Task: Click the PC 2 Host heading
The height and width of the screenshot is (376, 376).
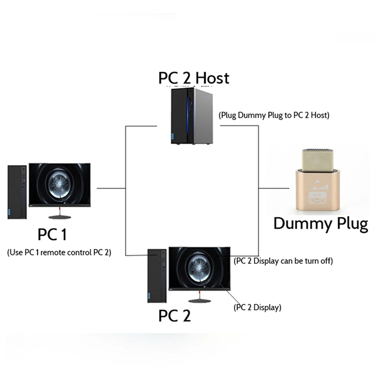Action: tap(194, 78)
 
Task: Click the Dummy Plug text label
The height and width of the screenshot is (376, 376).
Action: tap(321, 223)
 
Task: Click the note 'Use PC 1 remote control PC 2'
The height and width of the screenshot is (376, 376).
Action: tap(59, 252)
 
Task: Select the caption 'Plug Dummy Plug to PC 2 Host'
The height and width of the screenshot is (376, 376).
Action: tap(274, 115)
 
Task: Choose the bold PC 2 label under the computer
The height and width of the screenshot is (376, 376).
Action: tap(174, 316)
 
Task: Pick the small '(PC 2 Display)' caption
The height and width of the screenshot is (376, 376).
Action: tap(257, 308)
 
